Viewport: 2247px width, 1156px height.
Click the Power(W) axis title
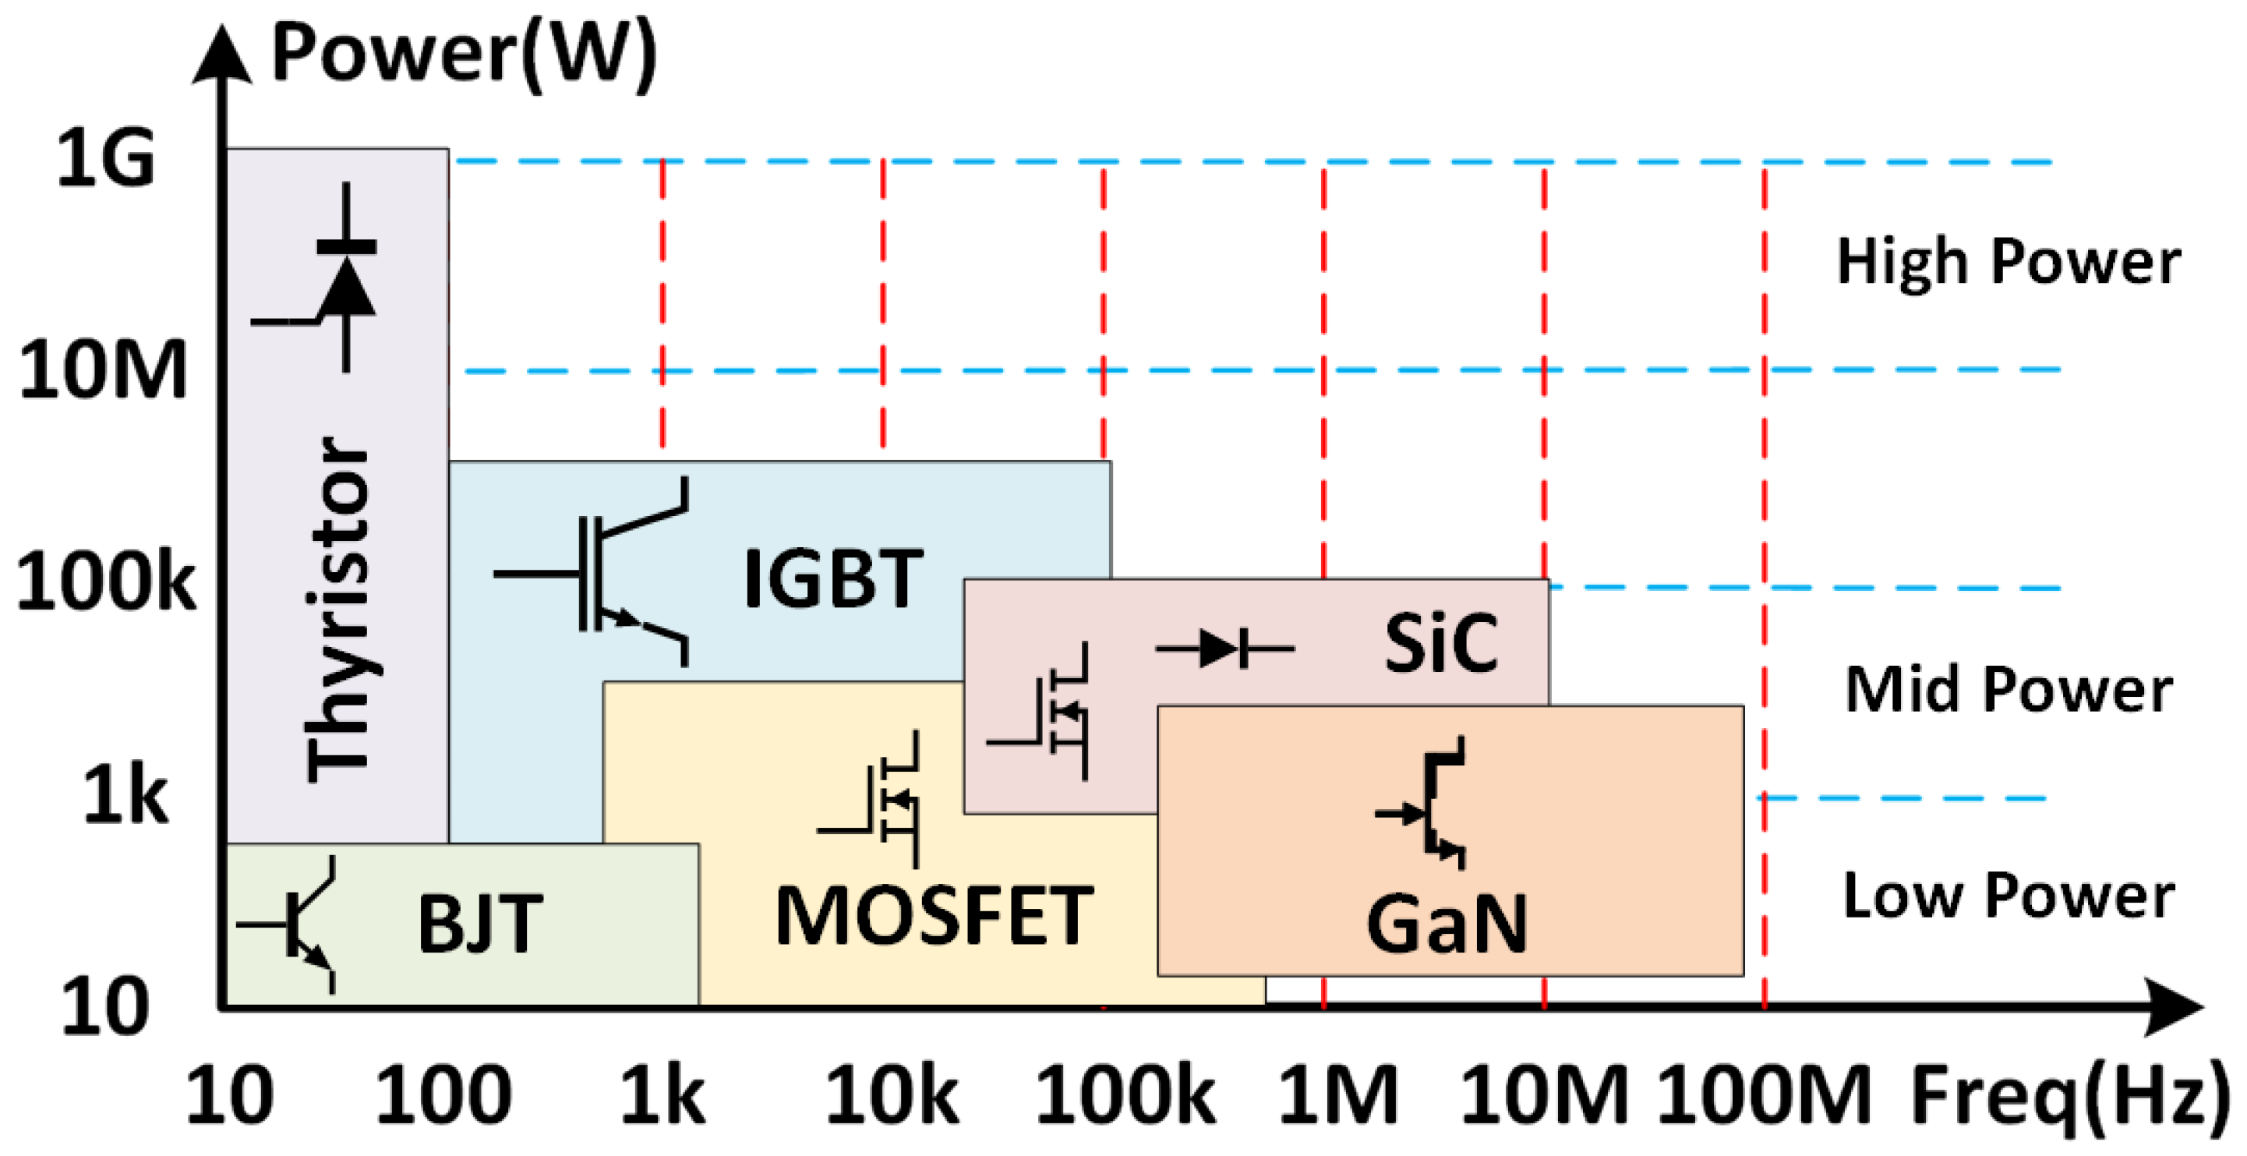tap(464, 54)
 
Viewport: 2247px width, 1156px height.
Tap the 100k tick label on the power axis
tap(105, 582)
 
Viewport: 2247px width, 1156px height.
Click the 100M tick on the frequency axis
tap(1764, 1094)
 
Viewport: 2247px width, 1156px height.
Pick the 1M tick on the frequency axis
tap(1337, 1094)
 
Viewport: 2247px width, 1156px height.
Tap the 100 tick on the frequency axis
tap(443, 1094)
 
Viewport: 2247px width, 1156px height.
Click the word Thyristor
tap(339, 609)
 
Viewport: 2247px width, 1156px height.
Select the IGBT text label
tap(833, 578)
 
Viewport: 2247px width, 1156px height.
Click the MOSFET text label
tap(934, 916)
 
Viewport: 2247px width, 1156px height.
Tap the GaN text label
tap(1447, 924)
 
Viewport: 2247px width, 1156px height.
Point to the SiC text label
tap(1441, 644)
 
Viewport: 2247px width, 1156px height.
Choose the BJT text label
tap(481, 924)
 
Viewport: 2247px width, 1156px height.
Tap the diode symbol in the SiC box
tap(1224, 649)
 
